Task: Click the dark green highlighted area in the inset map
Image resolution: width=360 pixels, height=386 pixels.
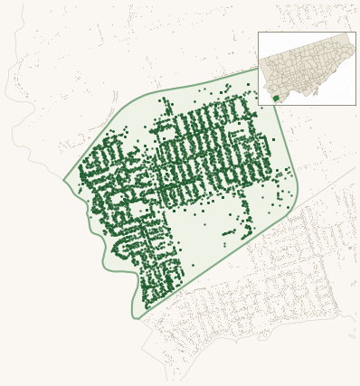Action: (x=276, y=98)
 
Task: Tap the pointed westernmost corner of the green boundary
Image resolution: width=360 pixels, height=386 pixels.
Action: (x=63, y=180)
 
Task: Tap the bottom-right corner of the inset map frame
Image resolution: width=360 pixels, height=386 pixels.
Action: (x=355, y=105)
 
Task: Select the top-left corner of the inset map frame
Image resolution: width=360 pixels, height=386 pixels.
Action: (x=258, y=33)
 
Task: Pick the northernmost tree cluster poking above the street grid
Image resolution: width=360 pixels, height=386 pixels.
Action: (x=164, y=103)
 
